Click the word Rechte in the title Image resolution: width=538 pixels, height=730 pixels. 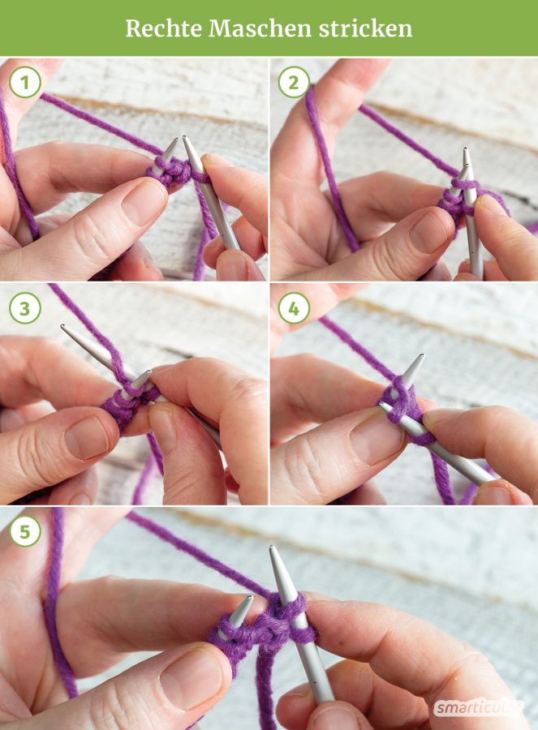coord(163,29)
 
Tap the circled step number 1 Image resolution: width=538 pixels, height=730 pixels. coord(25,83)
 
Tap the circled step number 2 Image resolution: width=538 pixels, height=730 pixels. coord(294,83)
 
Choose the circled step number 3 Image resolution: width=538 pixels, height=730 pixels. coord(25,308)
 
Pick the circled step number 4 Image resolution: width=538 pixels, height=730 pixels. coord(294,308)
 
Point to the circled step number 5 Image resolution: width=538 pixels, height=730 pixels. coord(25,530)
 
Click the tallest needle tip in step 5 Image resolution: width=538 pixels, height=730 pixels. coord(272,548)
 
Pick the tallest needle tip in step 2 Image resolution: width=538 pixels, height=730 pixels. coord(465,149)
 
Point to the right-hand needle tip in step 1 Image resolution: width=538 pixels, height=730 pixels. coord(185,138)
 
